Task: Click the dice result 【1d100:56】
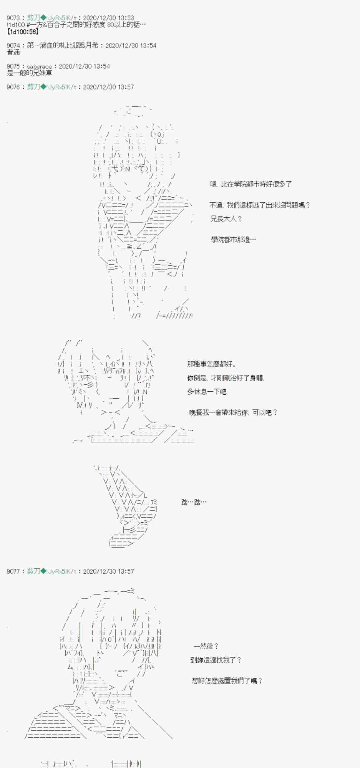pyautogui.click(x=23, y=32)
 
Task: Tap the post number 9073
pyautogui.click(x=13, y=18)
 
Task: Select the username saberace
pyautogui.click(x=39, y=66)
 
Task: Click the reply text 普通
pyautogui.click(x=13, y=52)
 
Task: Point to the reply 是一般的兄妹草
pyautogui.click(x=30, y=73)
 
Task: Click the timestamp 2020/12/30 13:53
pyautogui.click(x=108, y=18)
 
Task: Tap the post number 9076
pyautogui.click(x=13, y=87)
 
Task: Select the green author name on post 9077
pyautogui.click(x=51, y=571)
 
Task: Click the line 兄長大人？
pyautogui.click(x=226, y=219)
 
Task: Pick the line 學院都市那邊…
pyautogui.click(x=233, y=240)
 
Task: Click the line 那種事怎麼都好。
pyautogui.click(x=212, y=364)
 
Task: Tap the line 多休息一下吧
pyautogui.click(x=207, y=392)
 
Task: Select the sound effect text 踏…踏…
pyautogui.click(x=194, y=502)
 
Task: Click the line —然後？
pyautogui.click(x=206, y=646)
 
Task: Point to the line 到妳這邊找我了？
pyautogui.click(x=216, y=660)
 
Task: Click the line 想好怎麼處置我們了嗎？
pyautogui.click(x=227, y=681)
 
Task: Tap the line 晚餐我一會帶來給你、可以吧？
pyautogui.click(x=233, y=412)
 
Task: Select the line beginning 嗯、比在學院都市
pyautogui.click(x=251, y=184)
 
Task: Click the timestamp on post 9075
pyautogui.click(x=84, y=66)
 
